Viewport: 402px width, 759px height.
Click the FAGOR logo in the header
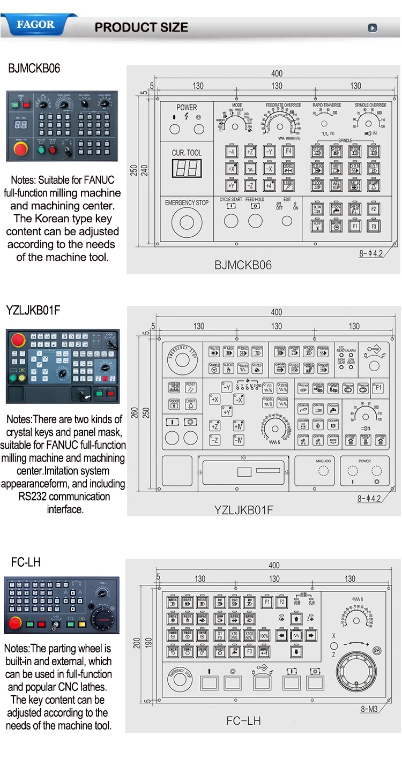[x=36, y=25]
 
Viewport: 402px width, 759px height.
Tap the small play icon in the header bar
[x=373, y=28]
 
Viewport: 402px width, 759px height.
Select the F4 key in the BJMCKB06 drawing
[x=288, y=152]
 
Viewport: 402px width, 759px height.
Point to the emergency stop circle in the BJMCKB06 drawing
[x=187, y=223]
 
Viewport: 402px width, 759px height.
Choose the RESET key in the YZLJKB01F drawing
[x=190, y=387]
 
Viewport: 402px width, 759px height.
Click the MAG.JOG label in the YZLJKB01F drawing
[x=323, y=460]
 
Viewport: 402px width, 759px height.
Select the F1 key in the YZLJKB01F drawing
[x=378, y=387]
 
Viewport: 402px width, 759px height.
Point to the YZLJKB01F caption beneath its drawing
[x=243, y=509]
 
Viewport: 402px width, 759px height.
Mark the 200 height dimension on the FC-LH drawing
[x=136, y=642]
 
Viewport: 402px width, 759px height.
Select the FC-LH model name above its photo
[x=26, y=562]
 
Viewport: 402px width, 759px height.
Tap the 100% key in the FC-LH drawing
[x=264, y=636]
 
